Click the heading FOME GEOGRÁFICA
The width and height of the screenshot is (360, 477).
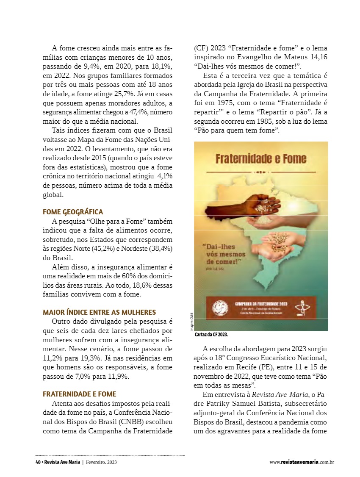pos(73,212)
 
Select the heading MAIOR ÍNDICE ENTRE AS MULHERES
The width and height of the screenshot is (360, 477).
pos(100,312)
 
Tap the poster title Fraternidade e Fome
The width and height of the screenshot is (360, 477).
pos(261,159)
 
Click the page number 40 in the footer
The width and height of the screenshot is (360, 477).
pos(38,462)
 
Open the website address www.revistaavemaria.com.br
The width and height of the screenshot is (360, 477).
pos(302,462)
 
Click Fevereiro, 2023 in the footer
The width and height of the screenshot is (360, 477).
pos(101,462)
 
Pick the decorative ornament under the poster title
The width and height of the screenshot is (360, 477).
pos(261,172)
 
